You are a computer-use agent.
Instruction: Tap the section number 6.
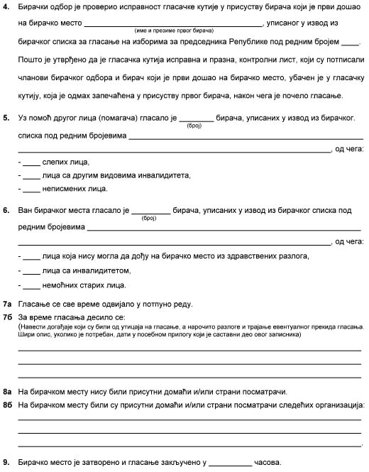pyautogui.click(x=6, y=211)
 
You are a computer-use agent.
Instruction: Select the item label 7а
pyautogui.click(x=7, y=304)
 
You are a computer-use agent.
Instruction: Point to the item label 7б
pyautogui.click(x=7, y=317)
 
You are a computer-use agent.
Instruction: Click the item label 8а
pyautogui.click(x=7, y=391)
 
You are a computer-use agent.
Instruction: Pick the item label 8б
pyautogui.click(x=7, y=404)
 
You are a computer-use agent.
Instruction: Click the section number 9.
pyautogui.click(x=6, y=461)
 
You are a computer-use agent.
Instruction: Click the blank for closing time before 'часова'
pyautogui.click(x=231, y=462)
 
